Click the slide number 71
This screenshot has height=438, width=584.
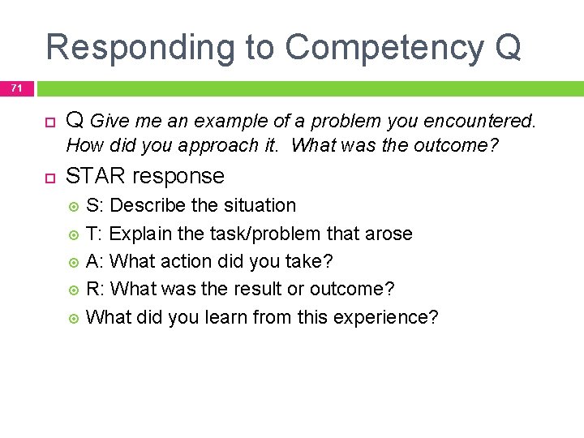click(x=16, y=87)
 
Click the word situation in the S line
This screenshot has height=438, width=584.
click(x=258, y=206)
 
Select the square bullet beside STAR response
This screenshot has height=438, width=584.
click(x=49, y=177)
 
